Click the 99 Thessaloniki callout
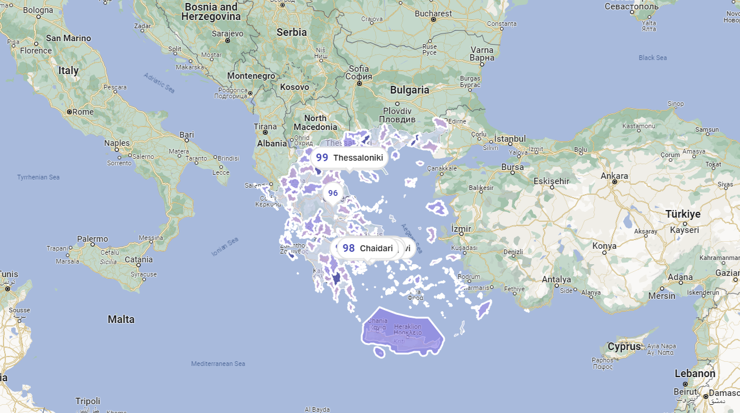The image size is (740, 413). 349,158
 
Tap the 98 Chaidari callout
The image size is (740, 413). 368,248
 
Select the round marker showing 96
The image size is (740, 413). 333,193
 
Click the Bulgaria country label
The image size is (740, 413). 409,90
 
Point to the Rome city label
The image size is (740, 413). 83,112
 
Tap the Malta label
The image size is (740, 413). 121,319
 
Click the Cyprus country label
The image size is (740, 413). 624,347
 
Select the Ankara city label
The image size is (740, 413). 614,176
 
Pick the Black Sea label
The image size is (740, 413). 652,58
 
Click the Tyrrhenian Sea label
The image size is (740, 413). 38,177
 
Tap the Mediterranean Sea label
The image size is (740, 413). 218,364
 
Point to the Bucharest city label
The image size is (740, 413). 433,14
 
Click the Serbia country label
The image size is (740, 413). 292,32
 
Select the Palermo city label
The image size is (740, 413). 92,239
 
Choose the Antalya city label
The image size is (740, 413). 556,279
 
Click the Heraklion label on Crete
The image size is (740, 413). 408,327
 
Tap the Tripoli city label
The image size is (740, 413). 88,401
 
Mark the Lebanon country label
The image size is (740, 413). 695,374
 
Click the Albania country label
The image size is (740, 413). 272,144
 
